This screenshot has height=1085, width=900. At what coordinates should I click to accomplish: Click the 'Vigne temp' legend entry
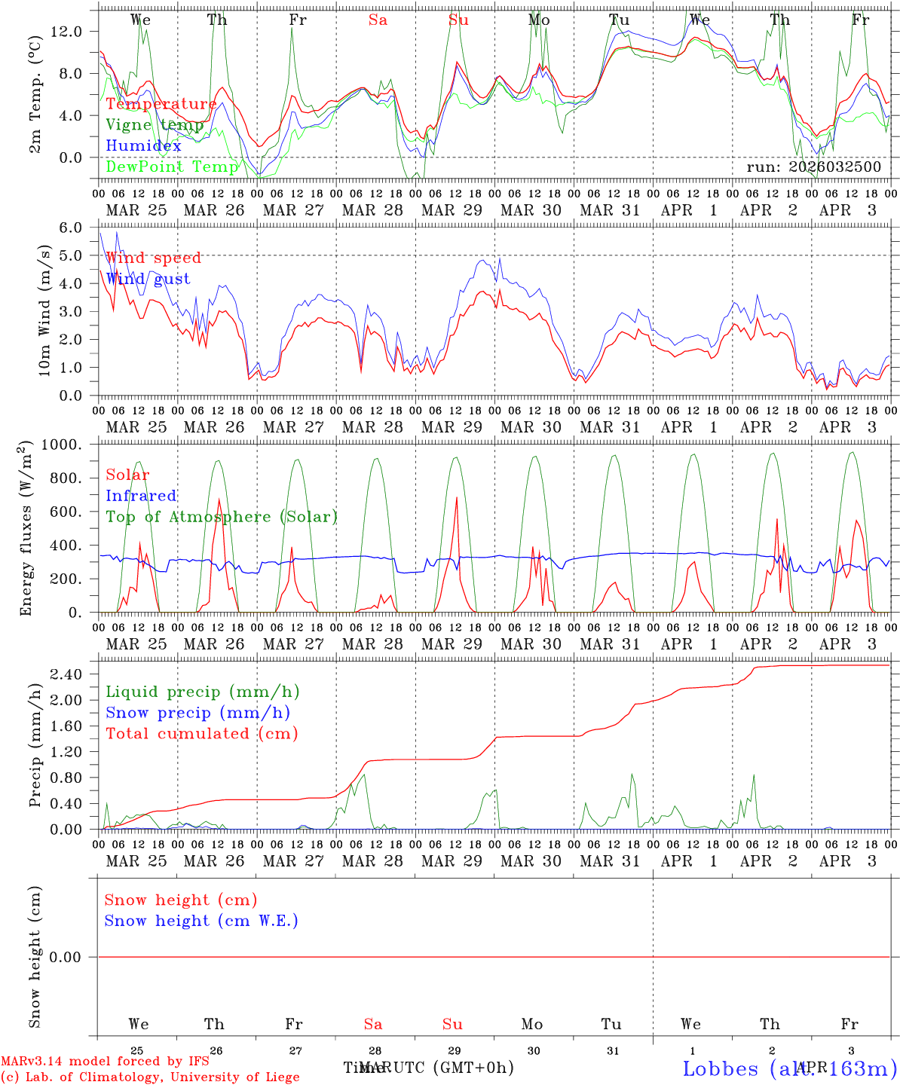coord(155,125)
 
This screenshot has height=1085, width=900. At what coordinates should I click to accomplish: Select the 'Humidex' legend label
coord(143,146)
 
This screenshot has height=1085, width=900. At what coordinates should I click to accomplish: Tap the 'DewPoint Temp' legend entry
coord(173,167)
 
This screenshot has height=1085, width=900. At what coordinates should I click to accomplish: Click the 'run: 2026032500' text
coord(813,167)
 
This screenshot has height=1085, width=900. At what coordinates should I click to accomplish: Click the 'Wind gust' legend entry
coord(148,279)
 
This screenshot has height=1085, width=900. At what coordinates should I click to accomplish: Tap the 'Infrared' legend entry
coord(141,496)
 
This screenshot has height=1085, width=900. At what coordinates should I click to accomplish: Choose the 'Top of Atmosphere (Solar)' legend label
coord(222,517)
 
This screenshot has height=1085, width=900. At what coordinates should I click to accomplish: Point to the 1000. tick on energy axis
coord(72,445)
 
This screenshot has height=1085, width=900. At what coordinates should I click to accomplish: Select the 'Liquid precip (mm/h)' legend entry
coord(203,692)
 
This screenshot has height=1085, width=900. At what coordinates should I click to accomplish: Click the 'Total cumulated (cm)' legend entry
coord(202,733)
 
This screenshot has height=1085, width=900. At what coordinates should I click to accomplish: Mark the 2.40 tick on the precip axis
coord(74,674)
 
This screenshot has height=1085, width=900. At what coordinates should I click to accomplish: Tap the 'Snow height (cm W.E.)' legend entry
coord(201,921)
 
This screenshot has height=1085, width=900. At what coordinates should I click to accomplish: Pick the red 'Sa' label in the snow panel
coord(373,1024)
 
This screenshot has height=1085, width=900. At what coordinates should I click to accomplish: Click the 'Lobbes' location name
coord(720,1068)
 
